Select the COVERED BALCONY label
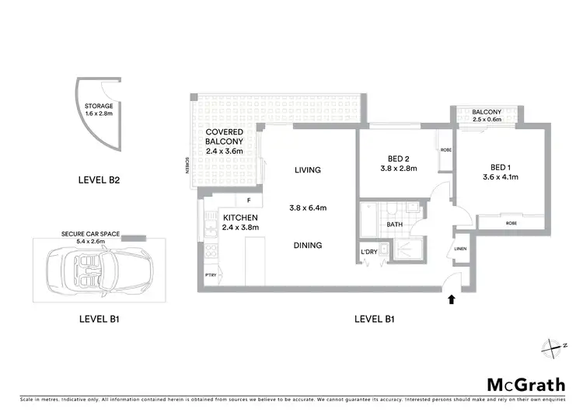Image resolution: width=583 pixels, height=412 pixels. tap(225, 137)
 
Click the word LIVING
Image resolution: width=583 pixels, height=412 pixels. tap(308, 169)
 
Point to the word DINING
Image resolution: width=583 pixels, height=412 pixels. tap(308, 245)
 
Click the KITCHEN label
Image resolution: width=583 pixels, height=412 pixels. tap(239, 217)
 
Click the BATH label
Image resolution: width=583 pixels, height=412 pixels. tap(394, 225)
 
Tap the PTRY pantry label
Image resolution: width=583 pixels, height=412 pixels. tap(209, 276)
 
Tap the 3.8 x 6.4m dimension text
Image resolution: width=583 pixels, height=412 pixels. tap(308, 208)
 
